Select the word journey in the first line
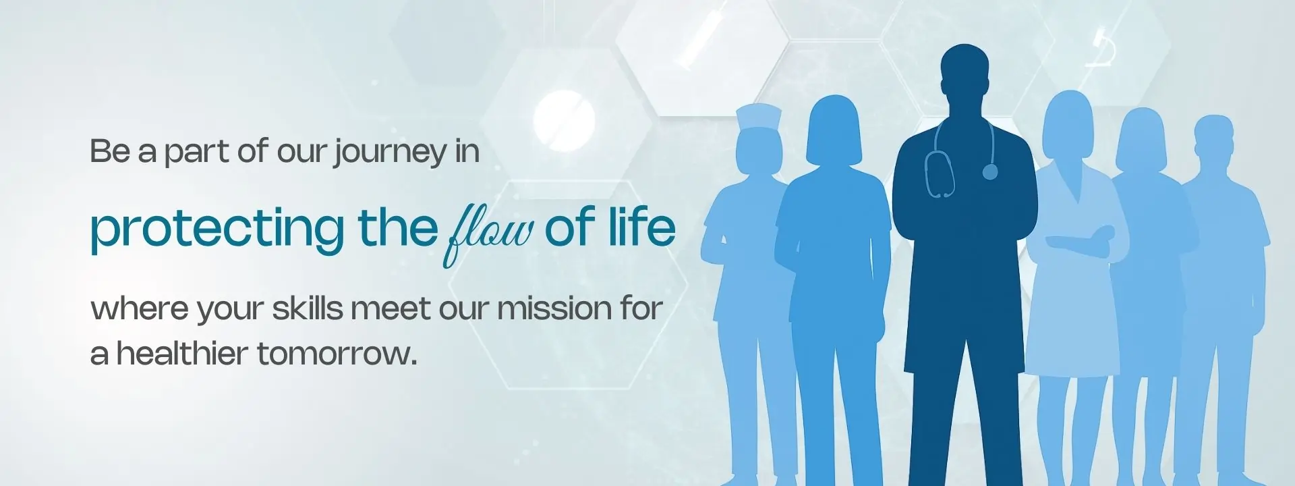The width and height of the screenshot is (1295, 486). (390, 153)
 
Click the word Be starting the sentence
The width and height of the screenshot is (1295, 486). (109, 151)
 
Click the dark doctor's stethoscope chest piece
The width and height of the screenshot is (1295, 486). (989, 172)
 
